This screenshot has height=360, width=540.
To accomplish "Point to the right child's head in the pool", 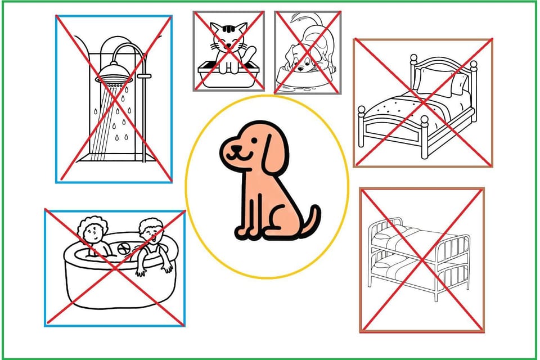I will (x=148, y=229).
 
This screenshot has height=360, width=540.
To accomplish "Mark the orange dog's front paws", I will (x=247, y=231).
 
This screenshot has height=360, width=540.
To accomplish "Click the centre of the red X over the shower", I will (x=114, y=98).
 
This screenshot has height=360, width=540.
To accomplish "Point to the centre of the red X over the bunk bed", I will (x=422, y=259).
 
